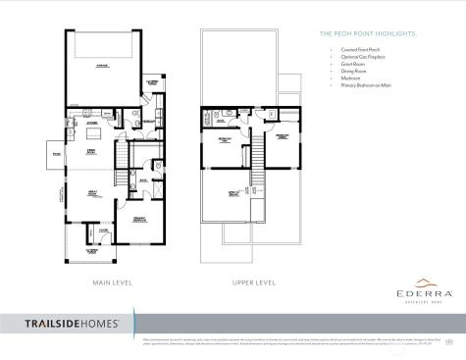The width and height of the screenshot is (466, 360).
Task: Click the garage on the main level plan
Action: click(101, 67)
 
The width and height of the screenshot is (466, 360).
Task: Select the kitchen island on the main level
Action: click(94, 131)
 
